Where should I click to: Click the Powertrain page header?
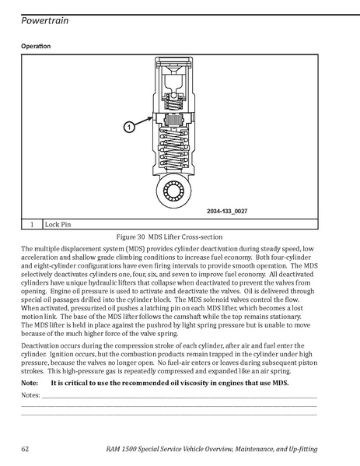pyautogui.click(x=45, y=20)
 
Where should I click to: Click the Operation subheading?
pyautogui.click(x=36, y=46)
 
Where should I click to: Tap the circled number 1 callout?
pyautogui.click(x=129, y=128)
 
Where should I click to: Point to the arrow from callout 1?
pyautogui.click(x=144, y=122)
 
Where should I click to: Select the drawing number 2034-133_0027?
pyautogui.click(x=227, y=211)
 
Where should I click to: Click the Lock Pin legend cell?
pyautogui.click(x=180, y=224)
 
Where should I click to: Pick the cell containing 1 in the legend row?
pyautogui.click(x=32, y=224)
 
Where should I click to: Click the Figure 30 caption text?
pyautogui.click(x=170, y=237)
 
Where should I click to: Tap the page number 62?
pyautogui.click(x=25, y=448)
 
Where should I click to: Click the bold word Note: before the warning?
pyautogui.click(x=30, y=383)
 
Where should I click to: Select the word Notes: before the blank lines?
pyautogui.click(x=30, y=395)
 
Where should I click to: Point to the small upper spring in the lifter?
pyautogui.click(x=173, y=104)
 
